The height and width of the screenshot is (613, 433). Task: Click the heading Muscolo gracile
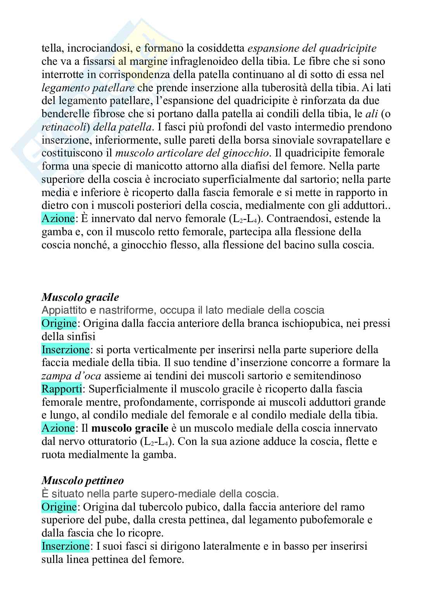click(x=80, y=297)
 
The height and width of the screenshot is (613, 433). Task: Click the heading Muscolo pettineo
click(x=82, y=481)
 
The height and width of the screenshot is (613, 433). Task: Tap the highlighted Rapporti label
click(x=61, y=389)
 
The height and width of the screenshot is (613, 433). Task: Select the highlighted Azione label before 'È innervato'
click(x=58, y=219)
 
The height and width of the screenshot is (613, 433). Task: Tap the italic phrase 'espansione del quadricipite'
click(x=312, y=49)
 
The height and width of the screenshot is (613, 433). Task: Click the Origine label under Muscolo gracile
click(x=59, y=323)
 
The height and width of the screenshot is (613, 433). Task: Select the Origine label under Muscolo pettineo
click(x=59, y=507)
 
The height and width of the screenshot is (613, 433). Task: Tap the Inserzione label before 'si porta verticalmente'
click(x=65, y=349)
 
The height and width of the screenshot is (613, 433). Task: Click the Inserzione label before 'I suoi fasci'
click(x=65, y=546)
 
